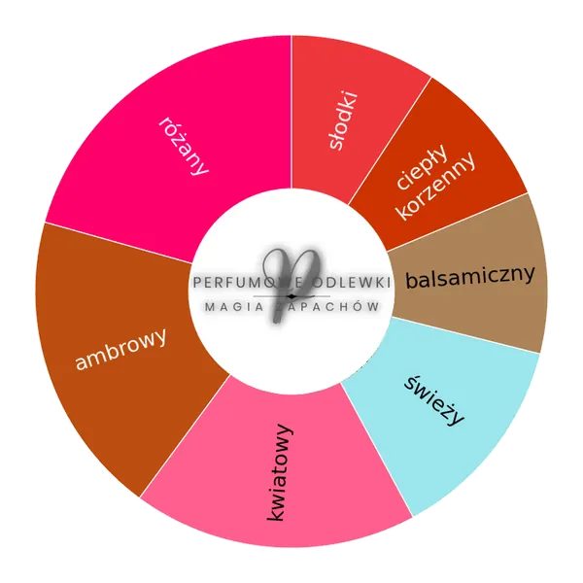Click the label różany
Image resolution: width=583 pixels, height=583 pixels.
tap(184, 146)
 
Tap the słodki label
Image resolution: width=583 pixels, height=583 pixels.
tap(344, 120)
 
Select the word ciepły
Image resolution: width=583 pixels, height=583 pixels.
tap(422, 166)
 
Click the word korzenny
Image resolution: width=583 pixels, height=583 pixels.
tap(436, 187)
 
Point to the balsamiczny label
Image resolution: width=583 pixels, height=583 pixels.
tap(470, 277)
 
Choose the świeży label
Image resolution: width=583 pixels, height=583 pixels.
tap(434, 400)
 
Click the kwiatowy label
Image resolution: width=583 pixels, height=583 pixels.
tap(280, 472)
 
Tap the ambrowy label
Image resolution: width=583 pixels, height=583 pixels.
tap(120, 349)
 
